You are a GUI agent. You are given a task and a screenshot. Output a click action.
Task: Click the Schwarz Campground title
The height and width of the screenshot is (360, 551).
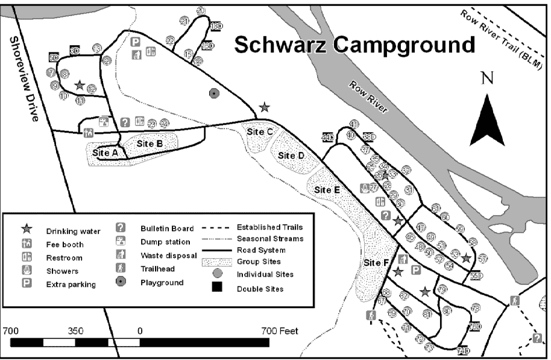(x=354, y=44)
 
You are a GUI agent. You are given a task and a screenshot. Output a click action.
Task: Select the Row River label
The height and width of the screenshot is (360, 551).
(x=368, y=97)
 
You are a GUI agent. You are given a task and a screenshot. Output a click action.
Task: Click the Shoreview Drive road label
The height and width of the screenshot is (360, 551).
(x=22, y=78)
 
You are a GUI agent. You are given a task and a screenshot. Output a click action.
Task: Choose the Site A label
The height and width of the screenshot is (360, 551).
(x=105, y=153)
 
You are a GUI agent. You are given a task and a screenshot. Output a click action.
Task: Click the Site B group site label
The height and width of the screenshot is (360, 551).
(x=150, y=144)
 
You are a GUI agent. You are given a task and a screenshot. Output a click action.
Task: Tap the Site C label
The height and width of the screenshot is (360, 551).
(x=261, y=131)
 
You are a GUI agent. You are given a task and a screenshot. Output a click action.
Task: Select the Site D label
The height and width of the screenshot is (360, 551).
(x=291, y=155)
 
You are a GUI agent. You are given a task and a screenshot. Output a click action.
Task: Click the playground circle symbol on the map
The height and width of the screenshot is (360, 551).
(x=213, y=93)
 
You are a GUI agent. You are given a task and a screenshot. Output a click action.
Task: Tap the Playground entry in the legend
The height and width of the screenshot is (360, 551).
(x=162, y=282)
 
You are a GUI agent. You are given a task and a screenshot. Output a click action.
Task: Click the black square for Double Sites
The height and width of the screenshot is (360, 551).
(x=216, y=288)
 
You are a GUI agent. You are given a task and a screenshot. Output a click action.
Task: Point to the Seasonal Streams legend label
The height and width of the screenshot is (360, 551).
(x=269, y=239)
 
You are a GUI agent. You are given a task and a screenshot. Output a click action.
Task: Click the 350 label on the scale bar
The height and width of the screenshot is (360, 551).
(x=76, y=331)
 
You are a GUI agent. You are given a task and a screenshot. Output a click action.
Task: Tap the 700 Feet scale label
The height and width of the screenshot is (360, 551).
(x=280, y=331)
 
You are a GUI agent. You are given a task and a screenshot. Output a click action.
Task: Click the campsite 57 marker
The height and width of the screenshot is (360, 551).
(x=482, y=259)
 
